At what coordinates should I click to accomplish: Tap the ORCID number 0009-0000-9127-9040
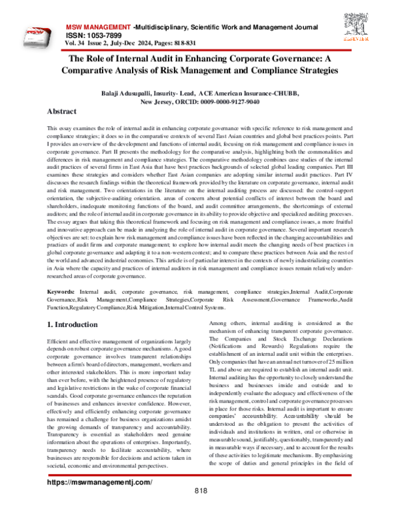(229, 103)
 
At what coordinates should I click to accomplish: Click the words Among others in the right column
(223, 322)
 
